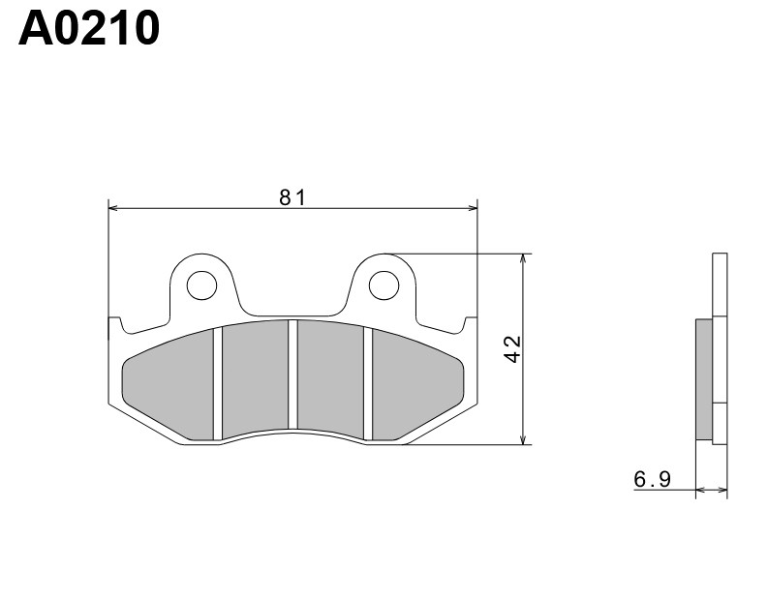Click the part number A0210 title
[89, 30]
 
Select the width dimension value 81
[292, 197]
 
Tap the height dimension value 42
[513, 348]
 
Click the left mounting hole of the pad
[201, 285]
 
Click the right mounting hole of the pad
[384, 285]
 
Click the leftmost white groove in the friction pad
[219, 382]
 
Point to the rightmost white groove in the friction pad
[367, 382]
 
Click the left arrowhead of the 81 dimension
[112, 207]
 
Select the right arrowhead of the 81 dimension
[474, 207]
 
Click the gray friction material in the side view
[704, 378]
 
